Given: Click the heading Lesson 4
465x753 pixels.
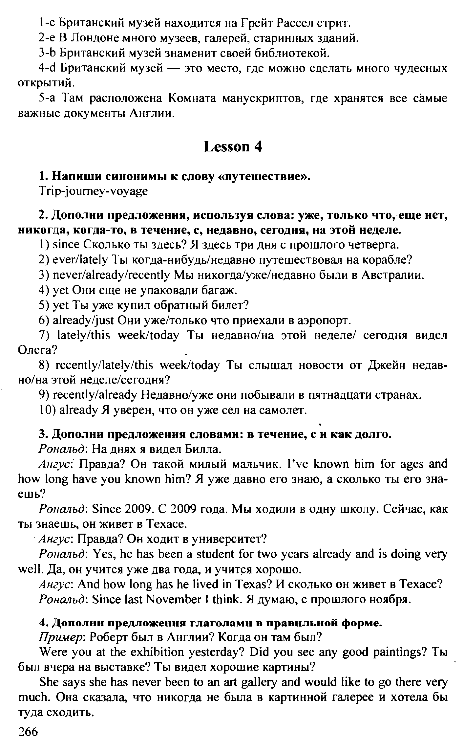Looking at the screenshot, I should [x=233, y=147].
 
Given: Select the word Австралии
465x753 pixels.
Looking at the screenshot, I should [x=392, y=275].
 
